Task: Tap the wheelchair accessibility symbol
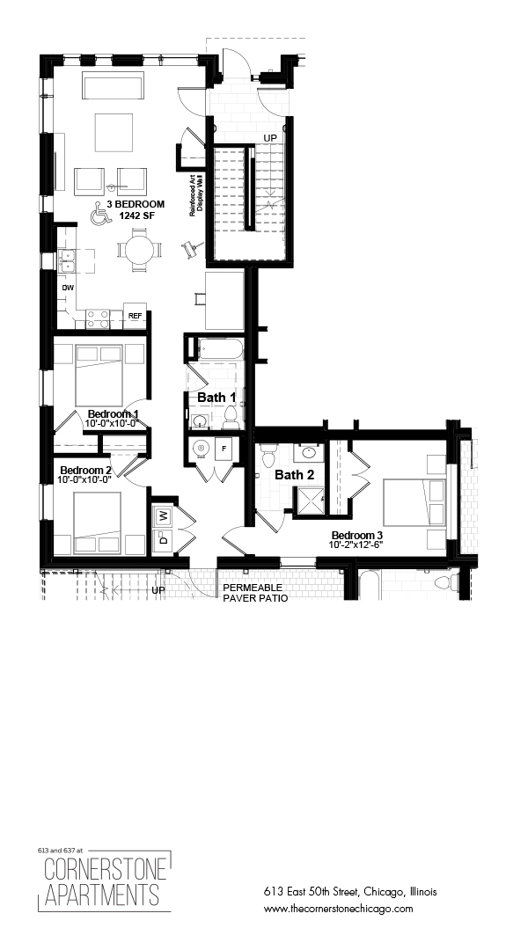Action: point(99,213)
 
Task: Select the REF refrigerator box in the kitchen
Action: point(136,316)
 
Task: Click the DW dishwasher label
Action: point(67,288)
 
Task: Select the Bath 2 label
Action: point(294,475)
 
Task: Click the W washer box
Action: point(163,515)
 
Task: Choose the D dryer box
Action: point(163,540)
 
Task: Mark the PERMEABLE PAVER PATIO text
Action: point(255,591)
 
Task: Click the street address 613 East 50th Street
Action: point(350,892)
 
